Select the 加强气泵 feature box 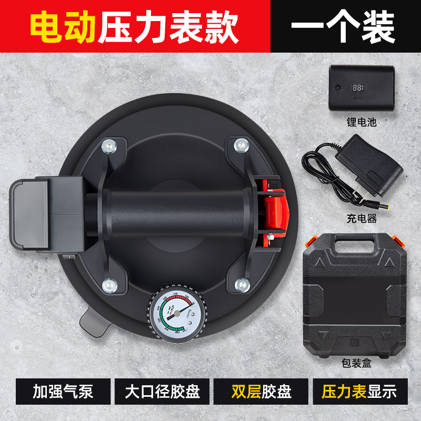pyautogui.click(x=61, y=392)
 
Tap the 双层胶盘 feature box pyautogui.click(x=261, y=392)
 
